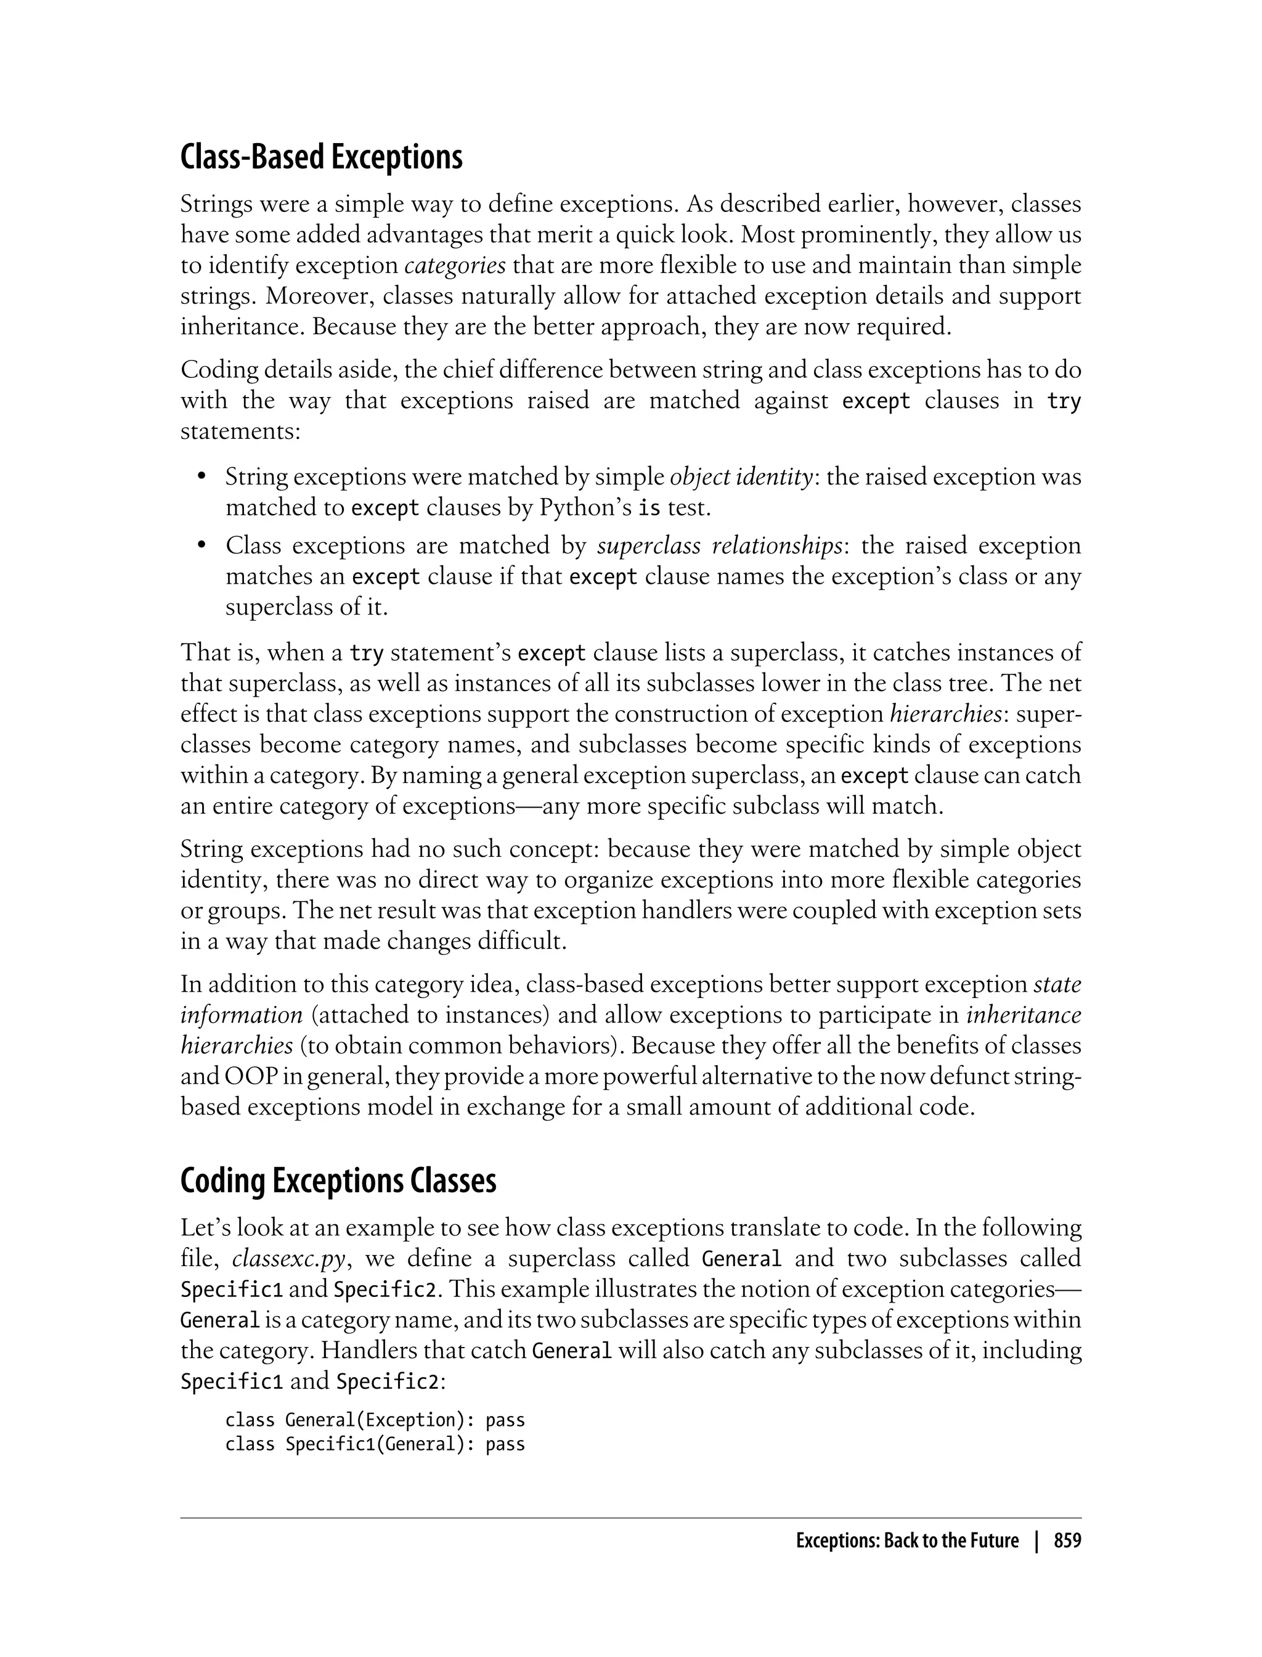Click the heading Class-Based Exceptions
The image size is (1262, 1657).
[x=322, y=157]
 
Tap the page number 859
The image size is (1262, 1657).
[x=1067, y=1541]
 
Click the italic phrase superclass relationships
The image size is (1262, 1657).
[x=719, y=546]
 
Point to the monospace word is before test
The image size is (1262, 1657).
[x=649, y=509]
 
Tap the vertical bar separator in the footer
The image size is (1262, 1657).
[x=1036, y=1541]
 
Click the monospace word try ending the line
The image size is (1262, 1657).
[x=1064, y=401]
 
